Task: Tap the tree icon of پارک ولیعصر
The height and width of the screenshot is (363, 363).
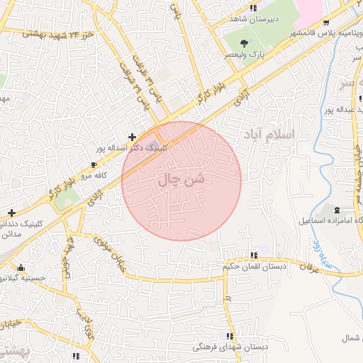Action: click(245, 43)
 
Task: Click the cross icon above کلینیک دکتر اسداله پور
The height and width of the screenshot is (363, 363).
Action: click(132, 136)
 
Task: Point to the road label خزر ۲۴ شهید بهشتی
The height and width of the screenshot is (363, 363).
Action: click(58, 33)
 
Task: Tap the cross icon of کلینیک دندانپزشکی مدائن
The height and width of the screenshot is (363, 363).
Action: click(11, 213)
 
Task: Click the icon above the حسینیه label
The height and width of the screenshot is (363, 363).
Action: click(21, 268)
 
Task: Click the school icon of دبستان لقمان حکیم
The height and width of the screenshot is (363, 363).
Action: click(253, 255)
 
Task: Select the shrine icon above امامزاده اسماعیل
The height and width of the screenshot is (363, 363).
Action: click(336, 210)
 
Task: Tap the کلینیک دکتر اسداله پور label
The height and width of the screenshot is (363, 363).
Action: click(133, 149)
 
